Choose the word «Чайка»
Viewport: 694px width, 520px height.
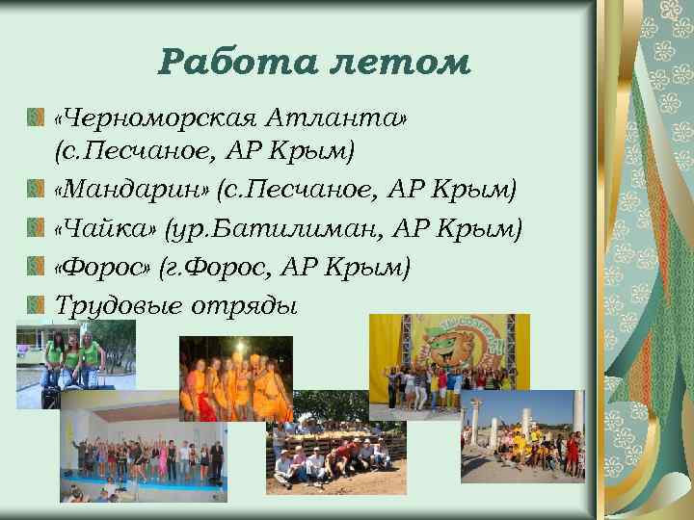[107, 229]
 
